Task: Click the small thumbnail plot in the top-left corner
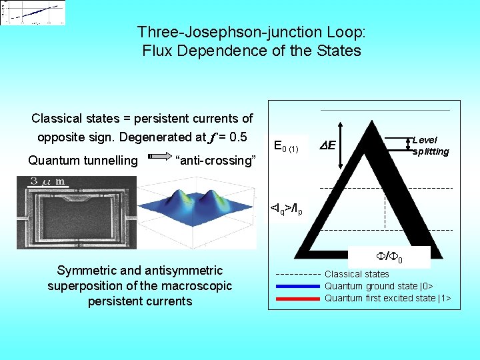(34, 13)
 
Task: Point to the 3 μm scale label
(47, 181)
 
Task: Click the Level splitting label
(431, 145)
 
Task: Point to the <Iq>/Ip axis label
(287, 209)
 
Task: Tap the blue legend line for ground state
(297, 286)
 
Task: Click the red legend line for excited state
(297, 298)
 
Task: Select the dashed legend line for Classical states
(297, 274)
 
